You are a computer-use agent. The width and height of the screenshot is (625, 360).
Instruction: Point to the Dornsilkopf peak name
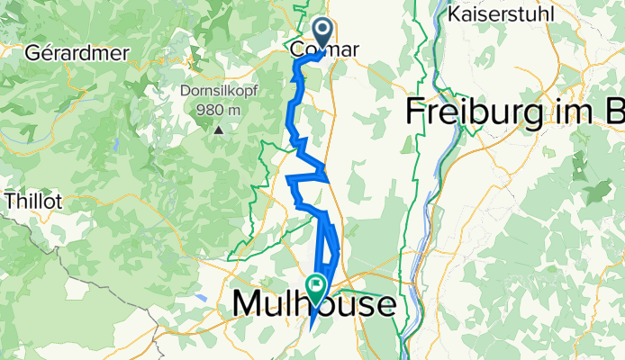click(219, 91)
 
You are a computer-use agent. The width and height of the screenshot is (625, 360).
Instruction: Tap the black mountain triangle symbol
click(218, 130)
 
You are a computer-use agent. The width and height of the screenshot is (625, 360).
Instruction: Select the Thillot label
click(32, 202)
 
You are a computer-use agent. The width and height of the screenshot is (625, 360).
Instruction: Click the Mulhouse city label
click(313, 305)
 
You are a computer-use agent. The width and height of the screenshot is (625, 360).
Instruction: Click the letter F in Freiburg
click(417, 112)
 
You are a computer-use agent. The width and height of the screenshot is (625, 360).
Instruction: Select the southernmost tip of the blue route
click(311, 328)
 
